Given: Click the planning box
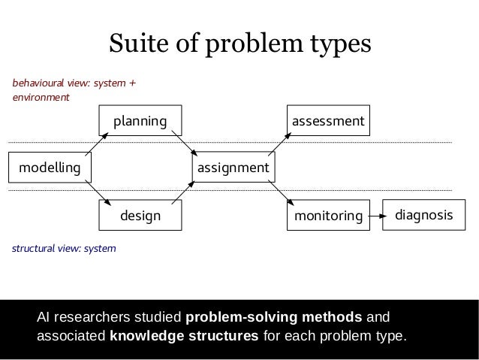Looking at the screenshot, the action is coord(140,120).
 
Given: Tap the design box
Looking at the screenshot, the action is coord(140,216).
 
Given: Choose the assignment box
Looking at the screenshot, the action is coord(233,168).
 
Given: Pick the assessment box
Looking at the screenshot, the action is coord(328,120).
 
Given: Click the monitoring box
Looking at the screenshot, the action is coord(328,216).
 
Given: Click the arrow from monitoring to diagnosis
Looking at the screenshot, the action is coord(378,216).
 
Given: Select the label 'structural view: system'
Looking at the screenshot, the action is coord(63,247).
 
